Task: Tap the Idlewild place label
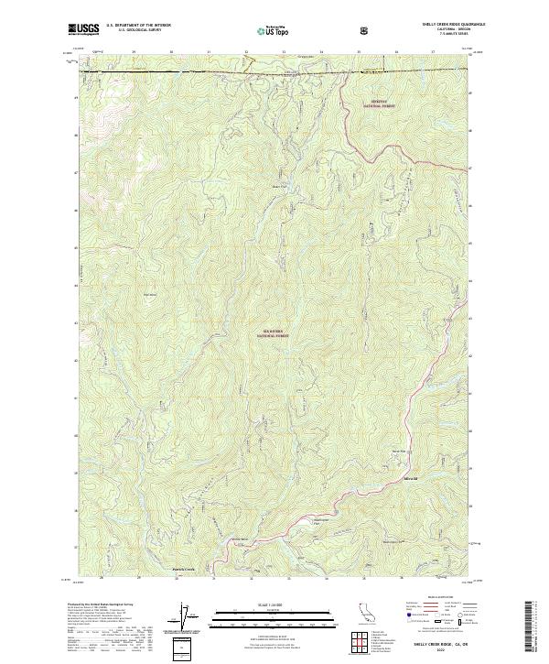(x=410, y=478)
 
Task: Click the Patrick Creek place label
(x=184, y=569)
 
